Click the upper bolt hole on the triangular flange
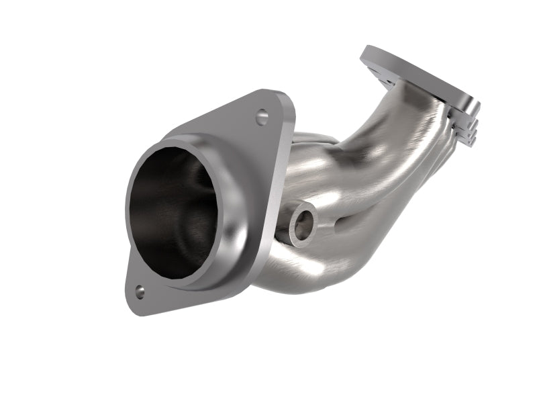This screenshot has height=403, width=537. click(x=262, y=118)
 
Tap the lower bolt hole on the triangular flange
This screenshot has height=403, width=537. click(x=140, y=291)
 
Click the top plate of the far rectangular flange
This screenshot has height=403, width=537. click(x=416, y=74)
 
